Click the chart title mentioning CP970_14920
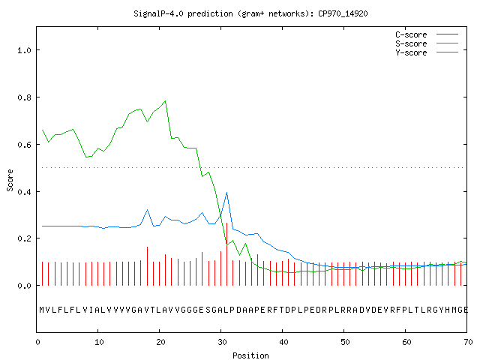250,13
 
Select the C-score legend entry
427,34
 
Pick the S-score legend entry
427,43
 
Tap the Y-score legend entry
427,52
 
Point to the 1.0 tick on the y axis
24,50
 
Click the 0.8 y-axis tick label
24,97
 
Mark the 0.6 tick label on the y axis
24,145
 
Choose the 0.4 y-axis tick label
24,192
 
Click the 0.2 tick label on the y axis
24,238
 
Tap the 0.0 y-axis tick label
24,286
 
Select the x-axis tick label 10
99,342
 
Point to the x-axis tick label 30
222,342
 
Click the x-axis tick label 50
345,342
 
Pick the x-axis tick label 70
468,342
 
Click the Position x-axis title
250,355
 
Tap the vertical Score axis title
10,180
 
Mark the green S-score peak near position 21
165,100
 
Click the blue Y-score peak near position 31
226,193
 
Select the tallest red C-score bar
226,254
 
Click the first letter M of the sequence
42,310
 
